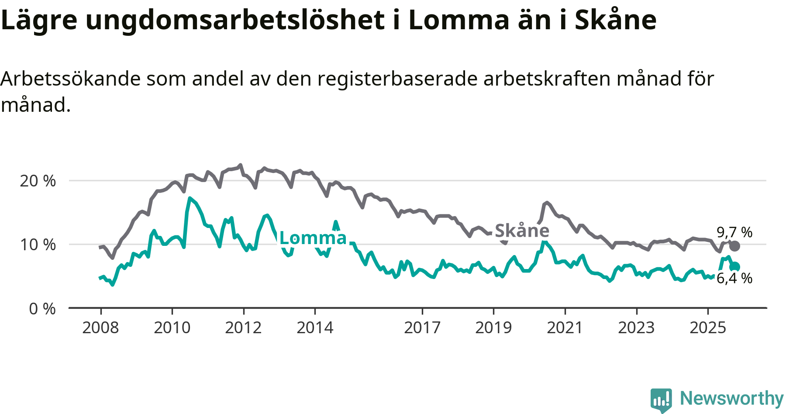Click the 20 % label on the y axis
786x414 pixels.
[38, 181]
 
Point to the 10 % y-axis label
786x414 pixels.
[38, 245]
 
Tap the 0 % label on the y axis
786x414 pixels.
[42, 309]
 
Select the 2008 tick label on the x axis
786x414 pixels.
[100, 328]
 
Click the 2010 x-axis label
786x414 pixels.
[172, 328]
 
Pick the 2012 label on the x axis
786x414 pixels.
[243, 328]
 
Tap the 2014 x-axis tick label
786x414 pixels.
[315, 328]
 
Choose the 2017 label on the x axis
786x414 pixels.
[422, 328]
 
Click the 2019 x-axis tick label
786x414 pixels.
[493, 328]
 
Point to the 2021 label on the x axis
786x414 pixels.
[565, 328]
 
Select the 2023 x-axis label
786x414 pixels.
[636, 328]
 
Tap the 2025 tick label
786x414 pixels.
[708, 328]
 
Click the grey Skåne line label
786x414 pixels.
[522, 231]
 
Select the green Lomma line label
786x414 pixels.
[313, 238]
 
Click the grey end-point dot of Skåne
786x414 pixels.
[735, 246]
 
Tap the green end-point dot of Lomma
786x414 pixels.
[735, 267]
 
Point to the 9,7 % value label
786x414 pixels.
[734, 232]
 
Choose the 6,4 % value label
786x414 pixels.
[734, 278]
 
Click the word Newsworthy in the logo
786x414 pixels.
[732, 398]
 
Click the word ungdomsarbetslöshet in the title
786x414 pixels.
[235, 20]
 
